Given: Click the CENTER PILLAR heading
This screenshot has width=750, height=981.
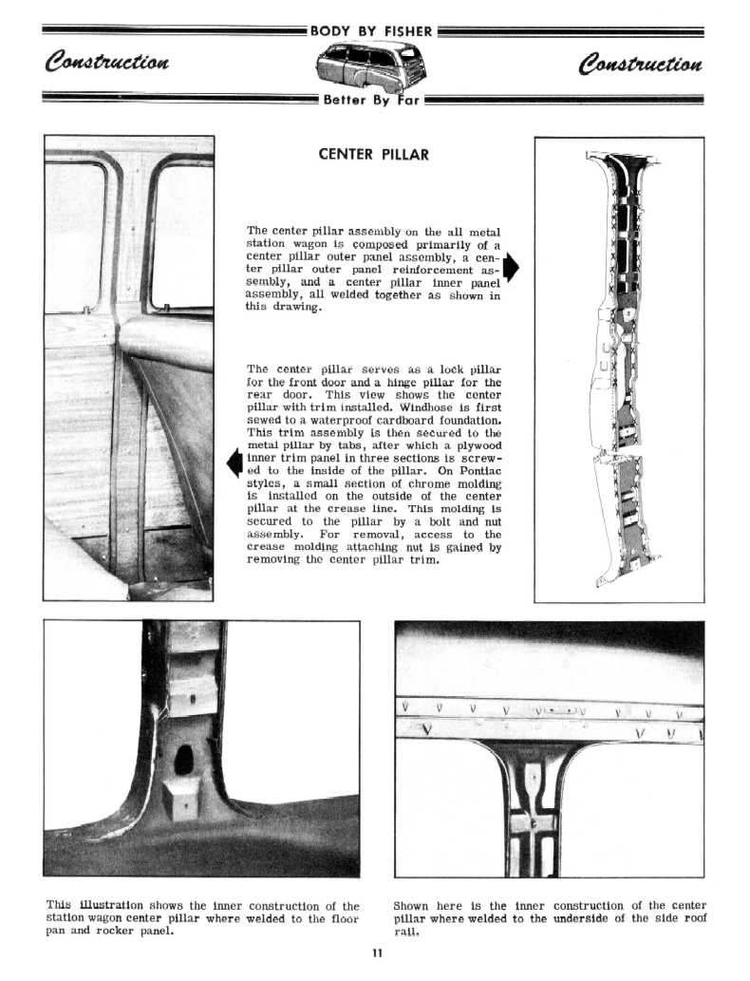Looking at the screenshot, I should [374, 154].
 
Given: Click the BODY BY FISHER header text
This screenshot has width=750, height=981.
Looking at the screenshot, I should [371, 32].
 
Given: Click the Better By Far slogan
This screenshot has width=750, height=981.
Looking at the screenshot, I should [370, 99].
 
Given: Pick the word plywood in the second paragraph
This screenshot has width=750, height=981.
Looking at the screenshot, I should [475, 444].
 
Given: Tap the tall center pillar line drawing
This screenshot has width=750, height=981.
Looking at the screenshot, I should [618, 370].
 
